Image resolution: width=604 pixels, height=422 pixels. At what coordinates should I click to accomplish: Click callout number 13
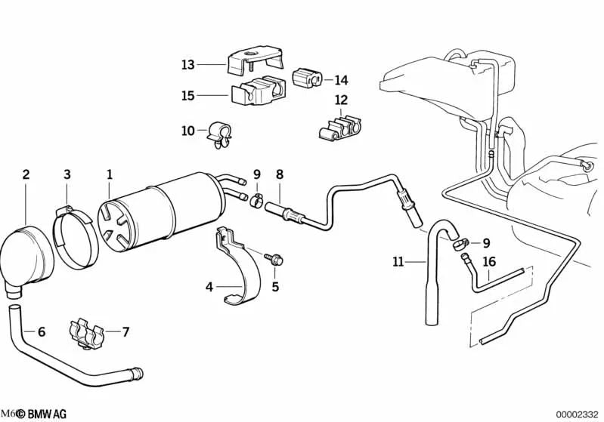click(187, 65)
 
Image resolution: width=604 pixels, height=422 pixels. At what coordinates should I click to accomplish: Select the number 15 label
click(187, 96)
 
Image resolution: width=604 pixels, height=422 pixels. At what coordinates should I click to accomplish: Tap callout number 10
click(187, 131)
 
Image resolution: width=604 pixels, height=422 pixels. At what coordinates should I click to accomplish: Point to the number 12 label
click(342, 100)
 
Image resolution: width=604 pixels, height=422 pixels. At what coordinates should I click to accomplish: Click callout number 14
click(342, 80)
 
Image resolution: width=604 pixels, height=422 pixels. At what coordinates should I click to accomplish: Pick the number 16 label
click(489, 262)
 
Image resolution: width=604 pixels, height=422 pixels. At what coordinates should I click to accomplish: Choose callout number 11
click(398, 263)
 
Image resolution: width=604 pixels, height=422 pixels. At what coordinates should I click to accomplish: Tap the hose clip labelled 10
click(222, 134)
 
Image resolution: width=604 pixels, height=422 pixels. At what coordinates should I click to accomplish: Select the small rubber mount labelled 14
click(307, 78)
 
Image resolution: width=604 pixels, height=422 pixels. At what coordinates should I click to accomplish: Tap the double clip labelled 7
click(90, 333)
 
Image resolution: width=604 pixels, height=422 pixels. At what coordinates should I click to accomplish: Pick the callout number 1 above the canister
click(109, 174)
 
